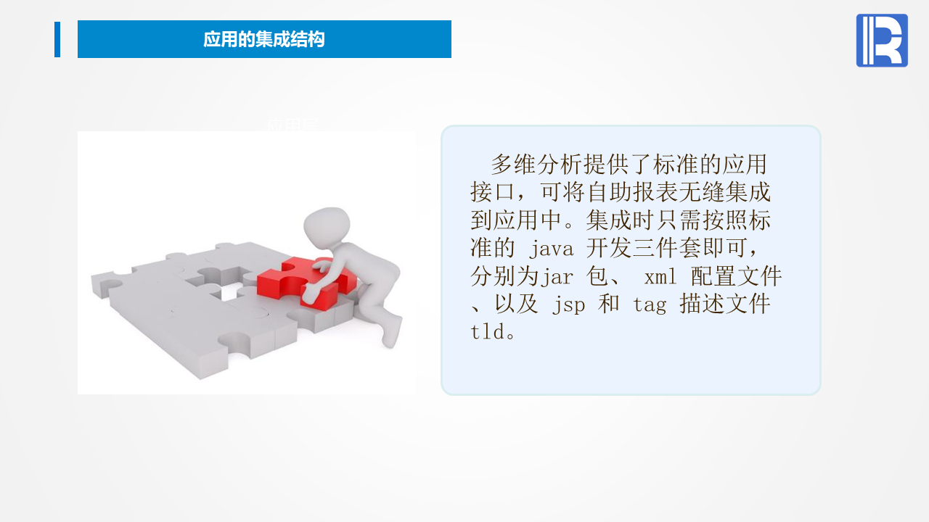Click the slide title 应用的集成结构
[263, 39]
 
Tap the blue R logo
[882, 40]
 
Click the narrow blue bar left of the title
[57, 39]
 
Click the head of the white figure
[327, 226]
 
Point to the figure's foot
[391, 331]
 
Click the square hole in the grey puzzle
[229, 292]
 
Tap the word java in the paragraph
[551, 249]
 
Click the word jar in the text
[557, 276]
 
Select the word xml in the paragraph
[660, 276]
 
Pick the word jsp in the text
[568, 304]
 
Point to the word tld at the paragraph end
[488, 331]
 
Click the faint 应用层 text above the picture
[292, 124]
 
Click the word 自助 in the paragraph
[609, 192]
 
